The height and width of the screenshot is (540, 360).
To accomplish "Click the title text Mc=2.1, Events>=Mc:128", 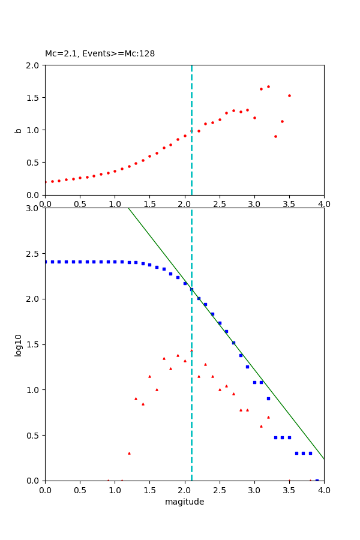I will [100, 53].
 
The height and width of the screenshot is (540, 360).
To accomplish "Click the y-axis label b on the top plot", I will [19, 130].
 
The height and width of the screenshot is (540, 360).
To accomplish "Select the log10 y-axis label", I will [19, 345].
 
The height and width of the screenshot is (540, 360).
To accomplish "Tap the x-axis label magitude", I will [184, 502].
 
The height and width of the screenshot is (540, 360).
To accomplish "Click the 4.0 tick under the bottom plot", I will [324, 490].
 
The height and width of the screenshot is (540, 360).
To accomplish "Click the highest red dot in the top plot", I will [268, 86].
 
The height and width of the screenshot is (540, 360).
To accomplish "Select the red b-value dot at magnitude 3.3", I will [275, 136].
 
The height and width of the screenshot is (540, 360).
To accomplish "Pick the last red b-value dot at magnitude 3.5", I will [289, 95].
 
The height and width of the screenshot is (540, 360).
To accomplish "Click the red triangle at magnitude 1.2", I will [129, 453].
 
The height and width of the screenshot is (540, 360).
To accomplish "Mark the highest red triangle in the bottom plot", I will [191, 350].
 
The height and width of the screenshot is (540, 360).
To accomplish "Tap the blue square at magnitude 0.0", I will [46, 262].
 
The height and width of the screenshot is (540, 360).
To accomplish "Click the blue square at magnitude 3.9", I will [317, 480].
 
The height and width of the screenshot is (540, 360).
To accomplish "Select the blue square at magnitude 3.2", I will [268, 398].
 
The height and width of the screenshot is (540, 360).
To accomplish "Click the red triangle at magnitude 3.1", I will [261, 426].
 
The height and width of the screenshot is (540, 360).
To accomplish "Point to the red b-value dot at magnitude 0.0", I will [46, 182].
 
